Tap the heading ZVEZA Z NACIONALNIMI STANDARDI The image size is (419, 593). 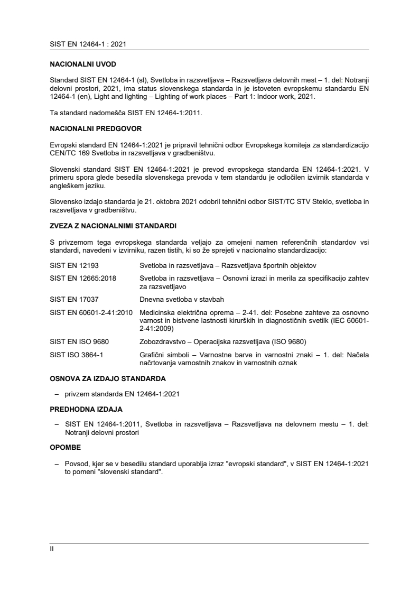[x=113, y=226]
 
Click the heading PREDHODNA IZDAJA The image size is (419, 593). [x=85, y=409]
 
